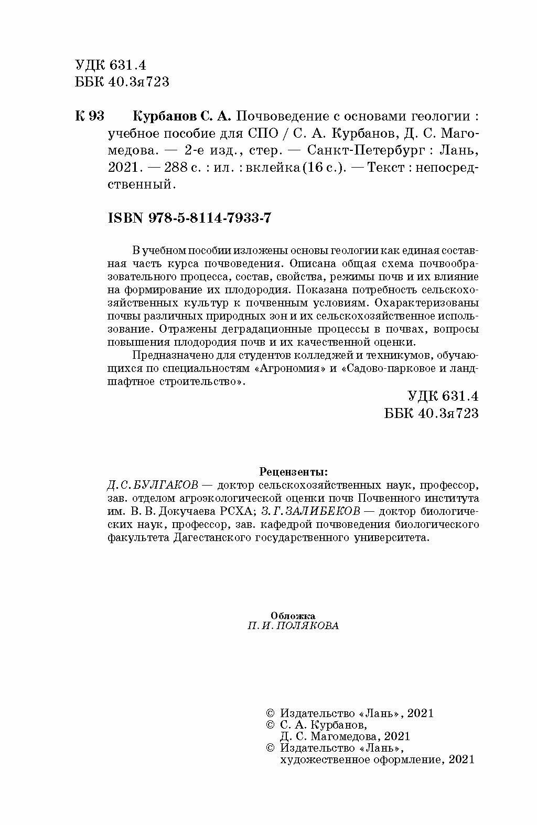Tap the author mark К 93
tap(90, 116)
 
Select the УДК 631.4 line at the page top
tap(110, 65)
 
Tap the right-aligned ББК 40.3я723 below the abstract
tap(432, 413)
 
